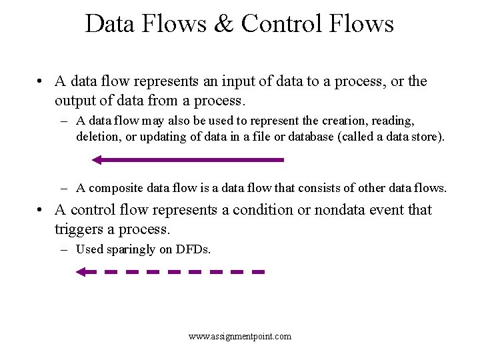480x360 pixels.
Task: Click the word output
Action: coord(76,101)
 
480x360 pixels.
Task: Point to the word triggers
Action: coord(79,229)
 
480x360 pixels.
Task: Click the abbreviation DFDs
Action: coord(193,250)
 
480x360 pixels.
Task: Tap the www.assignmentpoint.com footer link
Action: coord(240,336)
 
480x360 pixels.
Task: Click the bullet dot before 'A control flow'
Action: coord(41,210)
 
